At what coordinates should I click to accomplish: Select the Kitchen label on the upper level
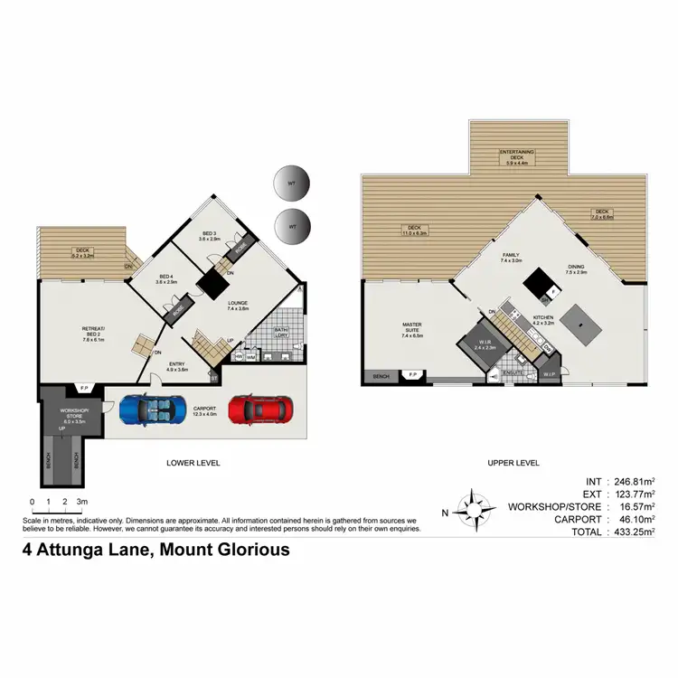click(x=542, y=320)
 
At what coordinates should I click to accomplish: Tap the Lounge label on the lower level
click(x=238, y=305)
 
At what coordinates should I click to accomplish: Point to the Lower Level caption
click(x=193, y=463)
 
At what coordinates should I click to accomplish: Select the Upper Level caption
click(x=513, y=463)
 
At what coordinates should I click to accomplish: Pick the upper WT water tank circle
click(x=291, y=184)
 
